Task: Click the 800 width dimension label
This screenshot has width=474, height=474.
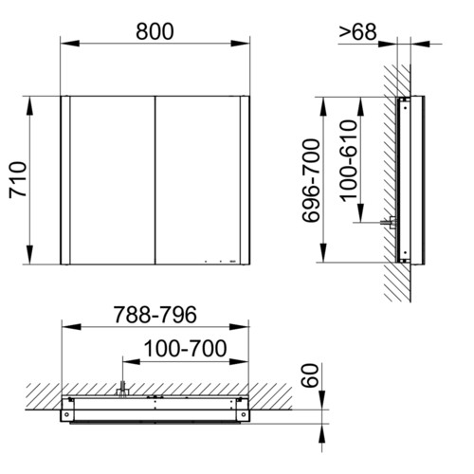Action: click(x=155, y=31)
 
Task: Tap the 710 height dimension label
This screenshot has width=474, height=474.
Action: click(x=18, y=180)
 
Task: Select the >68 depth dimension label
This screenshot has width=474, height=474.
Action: click(x=358, y=32)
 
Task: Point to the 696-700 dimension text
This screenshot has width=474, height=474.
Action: click(x=311, y=180)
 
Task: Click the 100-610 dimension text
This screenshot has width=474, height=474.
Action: click(x=349, y=160)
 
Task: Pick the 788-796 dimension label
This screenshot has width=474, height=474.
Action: click(x=155, y=315)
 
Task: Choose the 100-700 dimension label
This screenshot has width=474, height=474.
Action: click(x=185, y=348)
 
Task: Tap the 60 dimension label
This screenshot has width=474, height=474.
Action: click(x=309, y=375)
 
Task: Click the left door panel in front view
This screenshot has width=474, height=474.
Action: click(x=113, y=180)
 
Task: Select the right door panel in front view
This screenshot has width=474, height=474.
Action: click(x=198, y=180)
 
